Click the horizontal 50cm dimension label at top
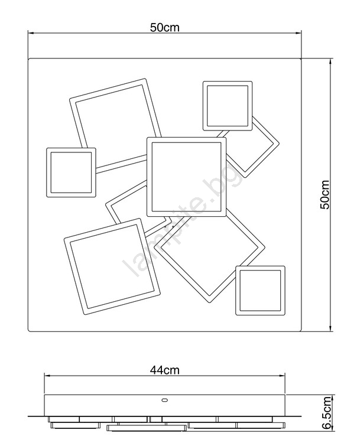(x=165, y=28)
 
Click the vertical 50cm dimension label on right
(x=325, y=194)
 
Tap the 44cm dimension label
(x=165, y=370)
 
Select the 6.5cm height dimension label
(x=327, y=412)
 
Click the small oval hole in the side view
(x=164, y=400)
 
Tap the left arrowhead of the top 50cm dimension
(x=31, y=33)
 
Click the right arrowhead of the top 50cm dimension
(x=299, y=33)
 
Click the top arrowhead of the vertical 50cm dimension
(x=330, y=61)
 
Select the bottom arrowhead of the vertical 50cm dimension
(x=330, y=328)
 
